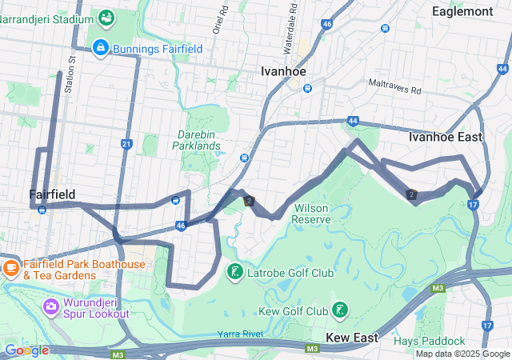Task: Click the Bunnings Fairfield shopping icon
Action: [x=101, y=48]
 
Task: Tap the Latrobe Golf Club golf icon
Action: [x=234, y=273]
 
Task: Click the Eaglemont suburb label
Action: [x=462, y=11]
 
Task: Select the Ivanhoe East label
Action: [x=445, y=137]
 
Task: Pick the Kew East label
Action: [x=351, y=338]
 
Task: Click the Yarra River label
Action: [x=239, y=333]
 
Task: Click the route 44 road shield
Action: [x=353, y=121]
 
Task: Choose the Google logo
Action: [x=26, y=350]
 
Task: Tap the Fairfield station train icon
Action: [x=41, y=210]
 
